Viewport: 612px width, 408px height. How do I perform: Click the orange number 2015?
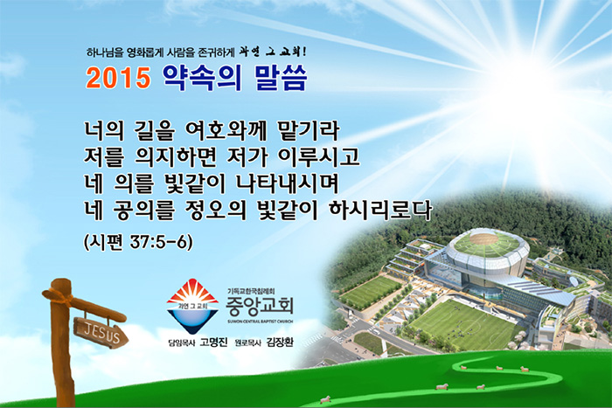coord(118,77)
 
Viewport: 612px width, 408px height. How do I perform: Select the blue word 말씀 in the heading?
coord(281,78)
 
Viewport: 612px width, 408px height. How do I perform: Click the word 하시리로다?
coord(380,210)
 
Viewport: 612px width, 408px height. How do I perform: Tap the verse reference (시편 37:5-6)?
coord(138,242)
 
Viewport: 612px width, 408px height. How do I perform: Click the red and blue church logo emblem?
coord(192,305)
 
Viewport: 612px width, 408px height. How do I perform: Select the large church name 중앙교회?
coord(260,307)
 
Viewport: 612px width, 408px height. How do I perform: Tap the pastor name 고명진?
coord(213,342)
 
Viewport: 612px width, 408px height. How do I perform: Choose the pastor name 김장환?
coord(280,342)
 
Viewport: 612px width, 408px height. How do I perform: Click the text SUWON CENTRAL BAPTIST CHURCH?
coord(260,322)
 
